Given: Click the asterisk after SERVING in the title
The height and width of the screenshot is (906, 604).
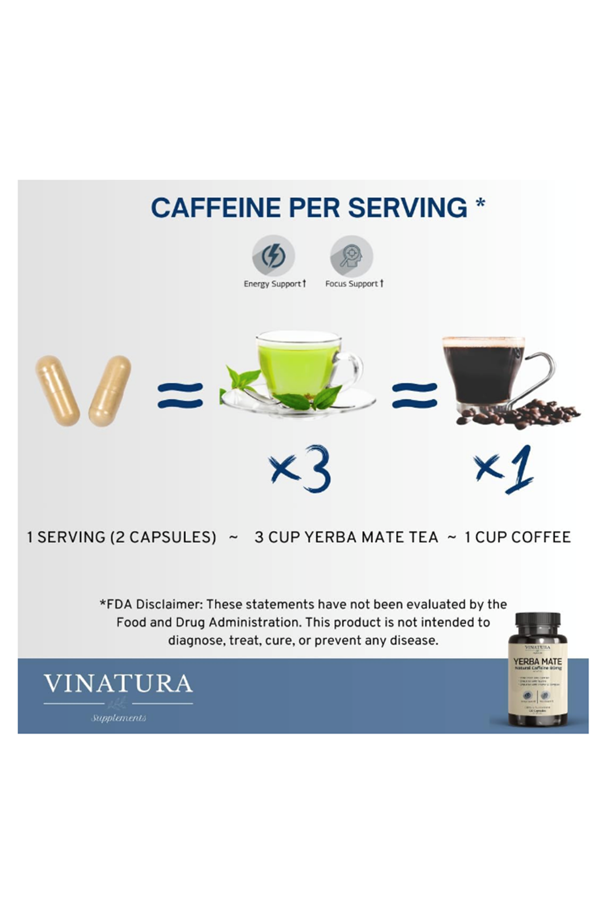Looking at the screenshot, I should click(x=480, y=204).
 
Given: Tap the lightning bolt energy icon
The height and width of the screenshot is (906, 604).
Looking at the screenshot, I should click(x=273, y=256).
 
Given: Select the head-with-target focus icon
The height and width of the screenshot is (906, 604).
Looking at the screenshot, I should click(x=351, y=256).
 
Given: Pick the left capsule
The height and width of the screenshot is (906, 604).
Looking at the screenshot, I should click(x=57, y=391).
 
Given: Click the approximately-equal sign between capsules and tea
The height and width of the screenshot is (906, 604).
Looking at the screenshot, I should click(x=180, y=395).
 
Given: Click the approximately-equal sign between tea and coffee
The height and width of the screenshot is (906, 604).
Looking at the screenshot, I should click(x=414, y=395).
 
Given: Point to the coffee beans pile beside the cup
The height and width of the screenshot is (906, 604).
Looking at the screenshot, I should click(x=544, y=415).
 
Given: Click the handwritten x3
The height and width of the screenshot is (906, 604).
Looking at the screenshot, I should click(x=301, y=469).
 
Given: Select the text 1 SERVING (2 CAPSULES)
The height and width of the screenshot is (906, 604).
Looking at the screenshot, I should click(x=121, y=537).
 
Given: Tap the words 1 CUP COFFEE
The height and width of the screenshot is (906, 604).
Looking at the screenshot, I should click(x=517, y=537).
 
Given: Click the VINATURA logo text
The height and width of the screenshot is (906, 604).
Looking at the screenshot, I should click(x=118, y=684).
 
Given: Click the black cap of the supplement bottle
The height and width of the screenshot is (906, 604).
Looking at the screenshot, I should click(x=538, y=624).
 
